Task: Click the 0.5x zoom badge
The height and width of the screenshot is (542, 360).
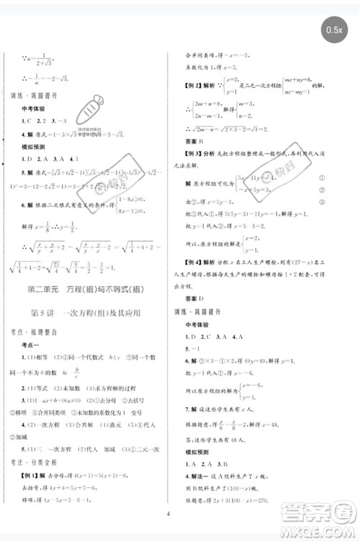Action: pos(335,30)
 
